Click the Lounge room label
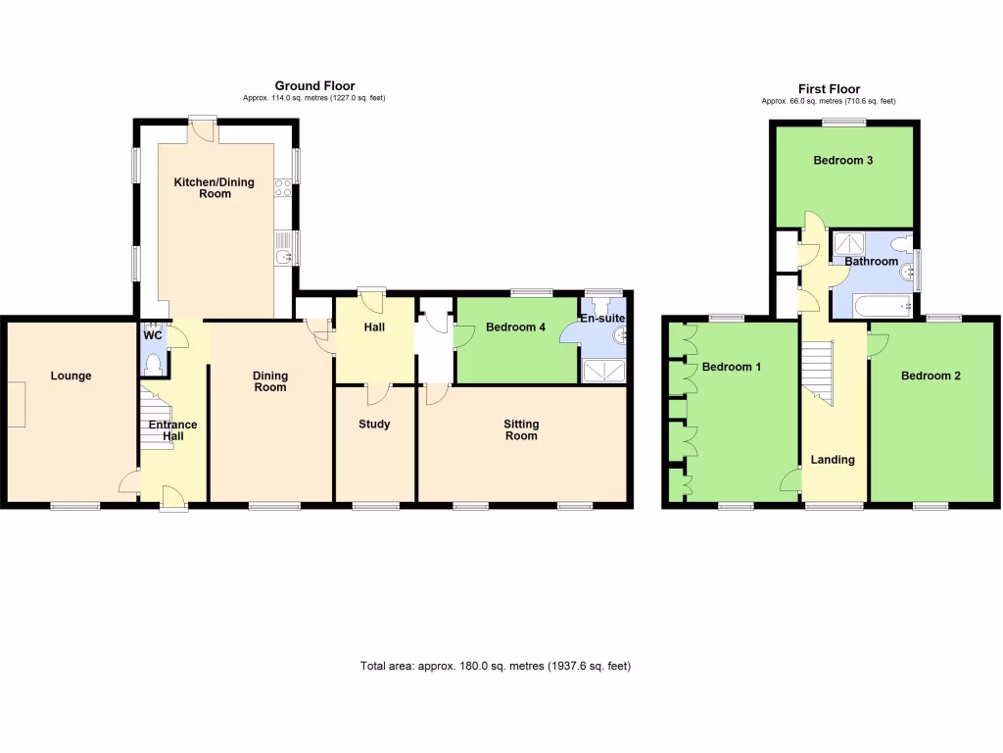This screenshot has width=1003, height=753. [71, 376]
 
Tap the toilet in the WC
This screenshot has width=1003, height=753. [151, 364]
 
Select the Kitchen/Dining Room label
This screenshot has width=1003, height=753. [215, 187]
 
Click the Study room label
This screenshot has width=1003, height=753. [374, 425]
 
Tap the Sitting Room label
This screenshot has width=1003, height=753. [521, 429]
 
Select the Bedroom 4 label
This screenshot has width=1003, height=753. [515, 327]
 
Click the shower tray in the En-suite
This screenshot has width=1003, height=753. [602, 371]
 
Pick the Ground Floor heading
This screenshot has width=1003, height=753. [314, 86]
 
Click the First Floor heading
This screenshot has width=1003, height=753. [828, 88]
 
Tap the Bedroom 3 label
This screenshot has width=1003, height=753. [843, 161]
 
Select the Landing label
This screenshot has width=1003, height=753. [833, 460]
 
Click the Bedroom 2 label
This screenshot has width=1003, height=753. [931, 376]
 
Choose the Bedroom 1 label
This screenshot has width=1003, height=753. [732, 368]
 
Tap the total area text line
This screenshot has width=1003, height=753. [496, 667]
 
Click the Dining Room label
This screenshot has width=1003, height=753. [270, 381]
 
